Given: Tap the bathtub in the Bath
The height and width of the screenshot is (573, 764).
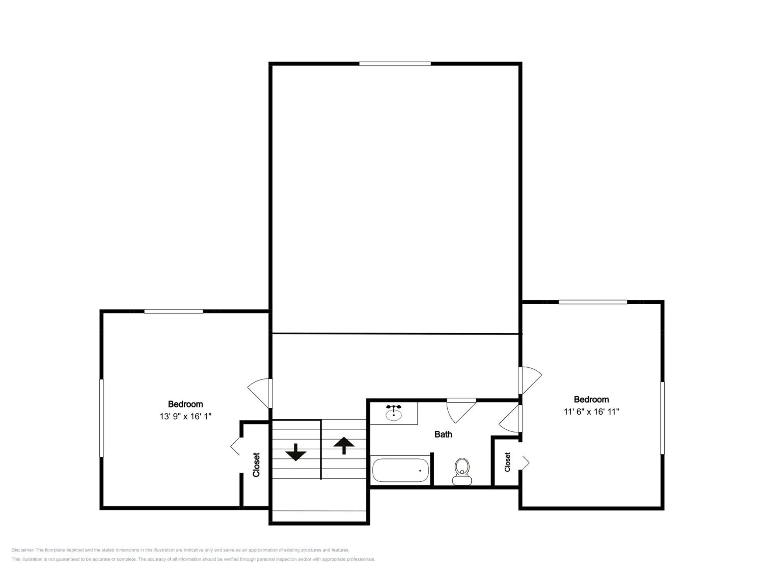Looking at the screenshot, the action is [x=400, y=470].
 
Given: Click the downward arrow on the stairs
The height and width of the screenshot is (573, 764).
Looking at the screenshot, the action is [x=296, y=452].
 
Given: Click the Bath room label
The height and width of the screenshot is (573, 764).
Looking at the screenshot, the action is [x=443, y=434].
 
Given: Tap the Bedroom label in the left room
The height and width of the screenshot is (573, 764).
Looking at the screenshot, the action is [x=185, y=404].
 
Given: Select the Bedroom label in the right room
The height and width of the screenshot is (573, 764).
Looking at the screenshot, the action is [x=591, y=399].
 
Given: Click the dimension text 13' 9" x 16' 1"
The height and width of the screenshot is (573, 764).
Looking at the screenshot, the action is [x=185, y=416].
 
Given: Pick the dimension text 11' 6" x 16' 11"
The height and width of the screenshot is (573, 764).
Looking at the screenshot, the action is [x=591, y=411].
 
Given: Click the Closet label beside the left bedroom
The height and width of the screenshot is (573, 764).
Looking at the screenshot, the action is [x=256, y=465].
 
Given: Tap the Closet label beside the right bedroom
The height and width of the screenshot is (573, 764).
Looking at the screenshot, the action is [x=507, y=462].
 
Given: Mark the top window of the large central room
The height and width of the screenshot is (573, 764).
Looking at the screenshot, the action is [x=395, y=64].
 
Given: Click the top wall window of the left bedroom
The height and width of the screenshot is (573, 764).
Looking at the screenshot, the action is [x=174, y=311].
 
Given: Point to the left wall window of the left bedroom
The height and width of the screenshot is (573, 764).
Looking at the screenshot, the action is [x=102, y=418].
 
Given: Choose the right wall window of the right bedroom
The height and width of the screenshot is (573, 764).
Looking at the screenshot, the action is [x=662, y=418].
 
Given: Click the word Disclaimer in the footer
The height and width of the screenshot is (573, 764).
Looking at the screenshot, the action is [x=22, y=550].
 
